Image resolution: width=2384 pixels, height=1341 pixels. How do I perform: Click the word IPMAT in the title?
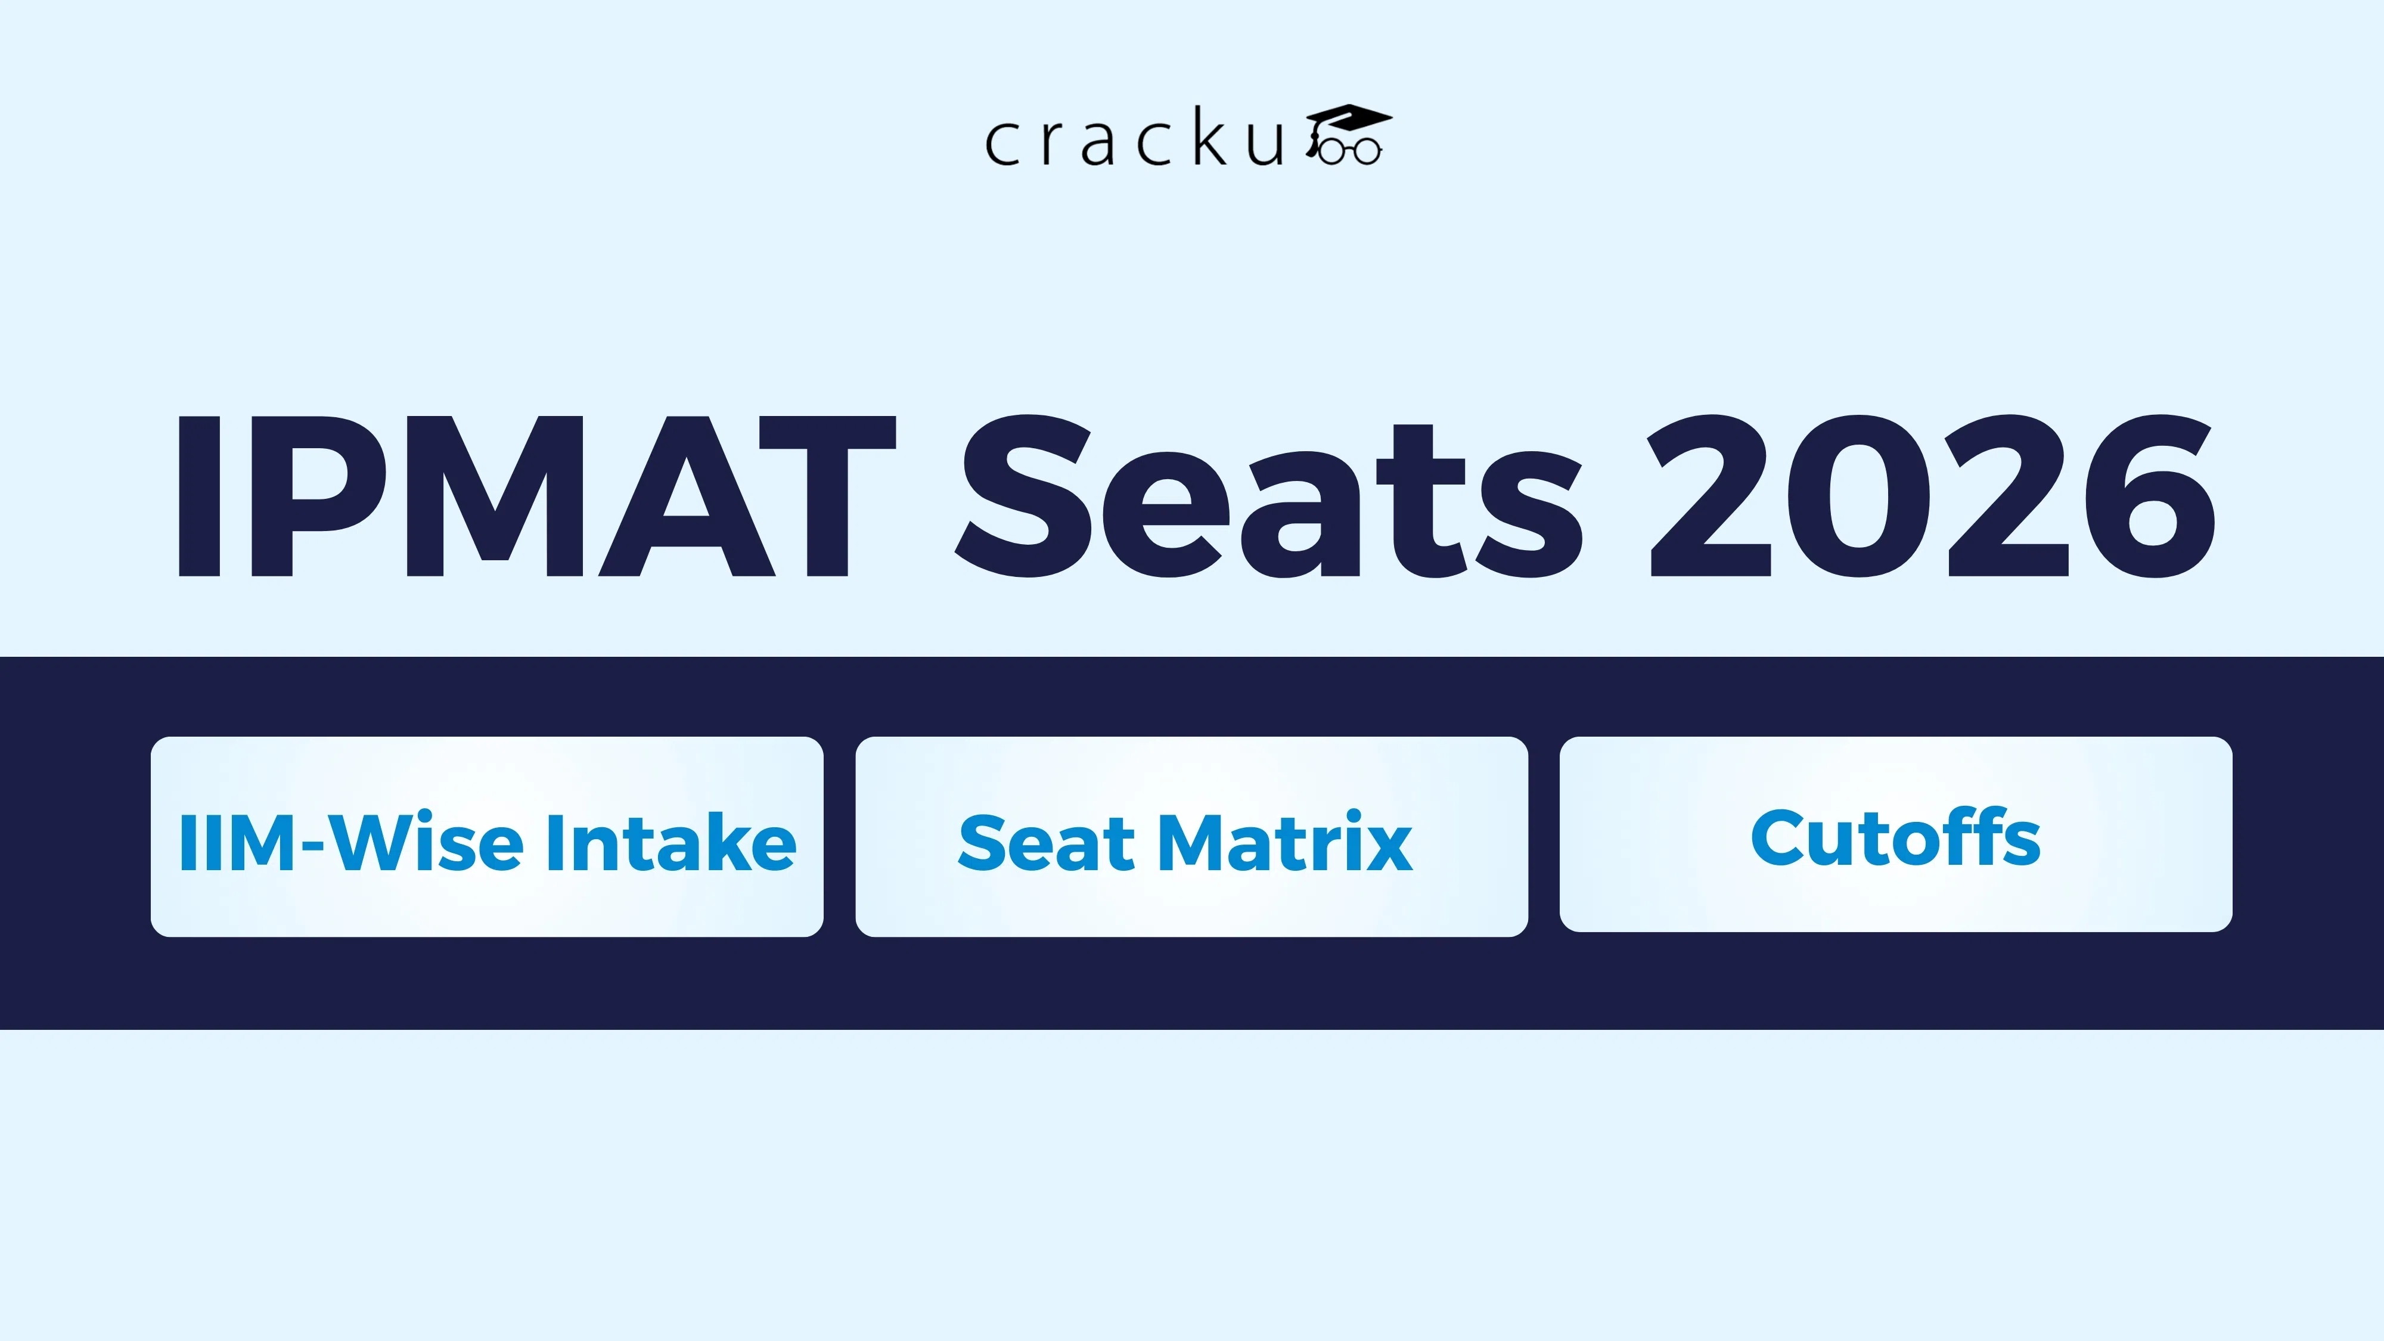[x=535, y=497]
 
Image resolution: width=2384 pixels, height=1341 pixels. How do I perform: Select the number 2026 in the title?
[x=1932, y=497]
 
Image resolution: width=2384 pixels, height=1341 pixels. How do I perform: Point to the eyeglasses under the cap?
[x=1349, y=151]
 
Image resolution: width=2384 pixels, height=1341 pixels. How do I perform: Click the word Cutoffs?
[x=1895, y=837]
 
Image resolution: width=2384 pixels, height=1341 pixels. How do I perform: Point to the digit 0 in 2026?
[x=1860, y=497]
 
